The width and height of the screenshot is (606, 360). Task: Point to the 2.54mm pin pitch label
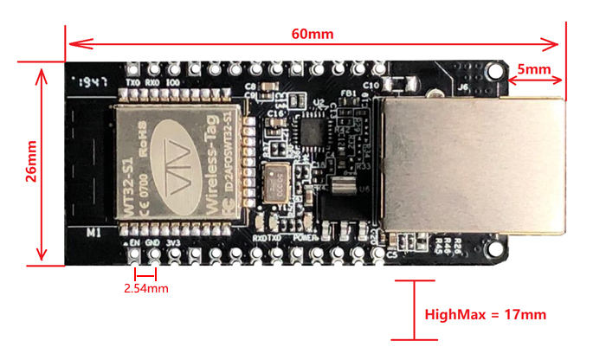coord(145,287)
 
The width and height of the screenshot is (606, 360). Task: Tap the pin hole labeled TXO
coord(134,69)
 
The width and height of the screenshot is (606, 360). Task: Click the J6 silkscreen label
coord(462,87)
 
